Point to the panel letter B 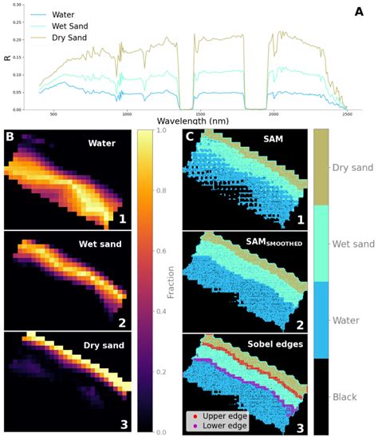pyautogui.click(x=10, y=137)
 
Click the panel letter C pyautogui.click(x=190, y=137)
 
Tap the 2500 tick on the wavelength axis pyautogui.click(x=346, y=114)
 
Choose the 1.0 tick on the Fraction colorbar pyautogui.click(x=159, y=129)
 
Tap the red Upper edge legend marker pyautogui.click(x=193, y=416)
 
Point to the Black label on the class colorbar pyautogui.click(x=351, y=397)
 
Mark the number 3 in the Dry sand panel pyautogui.click(x=123, y=424)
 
